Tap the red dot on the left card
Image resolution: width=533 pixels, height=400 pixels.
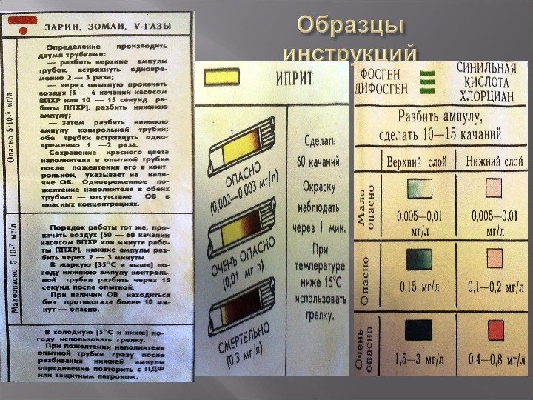[22, 30]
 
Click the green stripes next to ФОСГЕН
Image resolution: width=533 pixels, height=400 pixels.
[428, 79]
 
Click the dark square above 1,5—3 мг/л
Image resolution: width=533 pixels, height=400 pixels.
[416, 329]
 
